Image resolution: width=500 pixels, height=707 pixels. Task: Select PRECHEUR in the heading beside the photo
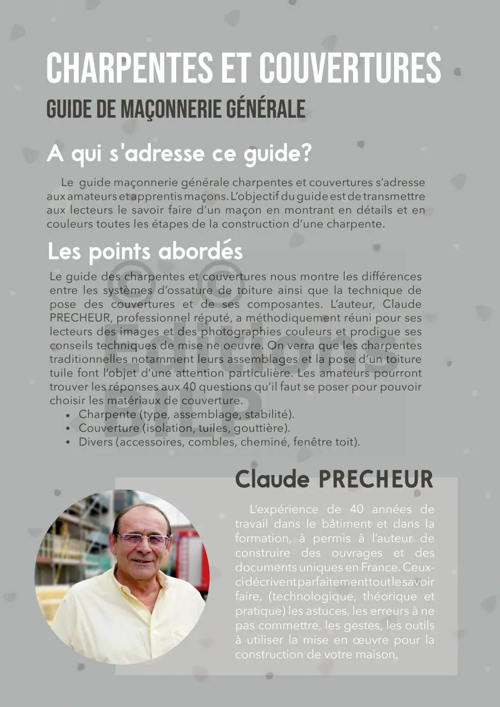point(375,479)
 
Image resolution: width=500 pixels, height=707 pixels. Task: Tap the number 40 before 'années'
point(357,509)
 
